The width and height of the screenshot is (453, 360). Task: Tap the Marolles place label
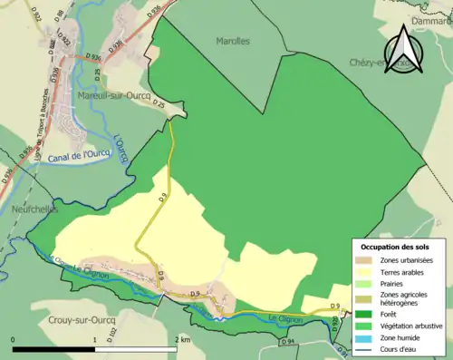pos(233,41)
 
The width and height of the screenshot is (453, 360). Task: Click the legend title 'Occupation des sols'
pos(395,247)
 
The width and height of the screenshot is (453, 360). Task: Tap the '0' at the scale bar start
pos(13,339)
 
